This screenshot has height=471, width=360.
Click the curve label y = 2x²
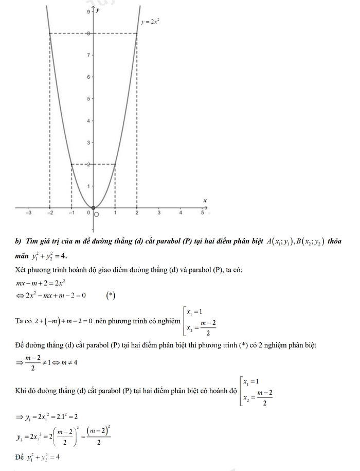150,23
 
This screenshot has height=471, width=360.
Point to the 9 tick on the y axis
88,11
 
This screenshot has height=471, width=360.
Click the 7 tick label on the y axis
88,55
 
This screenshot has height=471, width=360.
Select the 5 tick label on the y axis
88,98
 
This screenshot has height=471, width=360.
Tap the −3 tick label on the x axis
29,213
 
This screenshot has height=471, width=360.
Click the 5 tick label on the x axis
202,213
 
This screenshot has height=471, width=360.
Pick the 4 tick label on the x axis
181,213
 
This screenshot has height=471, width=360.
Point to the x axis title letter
205,200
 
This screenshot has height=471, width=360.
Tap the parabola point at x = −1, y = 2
71,164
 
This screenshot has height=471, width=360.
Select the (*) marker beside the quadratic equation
111,295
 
